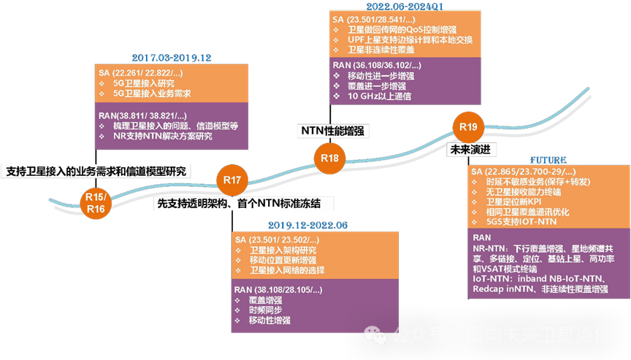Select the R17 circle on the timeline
click(232, 180)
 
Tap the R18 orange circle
click(329, 158)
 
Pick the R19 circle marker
click(468, 127)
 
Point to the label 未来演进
click(473, 148)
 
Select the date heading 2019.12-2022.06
click(307, 225)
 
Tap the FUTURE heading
click(548, 159)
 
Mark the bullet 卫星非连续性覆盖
click(383, 50)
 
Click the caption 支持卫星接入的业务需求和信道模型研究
click(96, 171)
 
